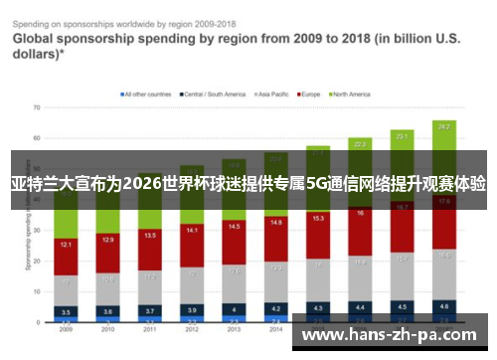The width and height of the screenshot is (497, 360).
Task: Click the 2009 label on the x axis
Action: pyautogui.click(x=66, y=328)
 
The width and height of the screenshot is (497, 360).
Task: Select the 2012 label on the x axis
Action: pyautogui.click(x=192, y=328)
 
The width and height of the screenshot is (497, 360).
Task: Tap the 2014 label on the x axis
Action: pyautogui.click(x=276, y=328)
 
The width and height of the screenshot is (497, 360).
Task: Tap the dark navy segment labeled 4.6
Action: pyautogui.click(x=444, y=306)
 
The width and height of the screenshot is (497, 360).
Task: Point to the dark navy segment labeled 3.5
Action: pyautogui.click(x=66, y=311)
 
